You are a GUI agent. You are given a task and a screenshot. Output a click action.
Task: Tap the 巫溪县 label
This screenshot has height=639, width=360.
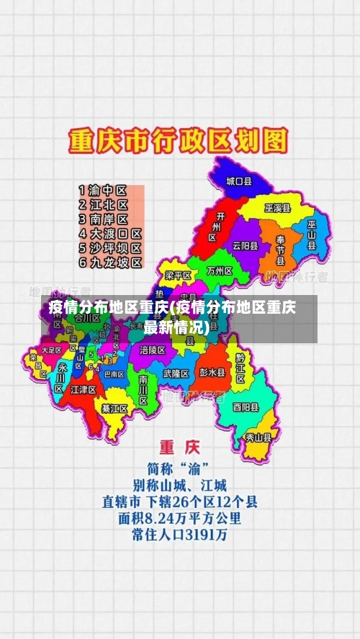click(277, 208)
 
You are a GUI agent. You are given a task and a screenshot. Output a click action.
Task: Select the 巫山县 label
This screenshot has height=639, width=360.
click(312, 235)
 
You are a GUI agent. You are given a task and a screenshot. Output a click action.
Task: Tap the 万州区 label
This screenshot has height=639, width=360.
click(220, 271)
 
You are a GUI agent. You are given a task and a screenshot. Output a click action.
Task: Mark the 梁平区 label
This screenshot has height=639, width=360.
click(178, 276)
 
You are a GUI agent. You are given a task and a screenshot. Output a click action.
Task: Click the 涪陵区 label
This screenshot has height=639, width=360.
click(153, 350)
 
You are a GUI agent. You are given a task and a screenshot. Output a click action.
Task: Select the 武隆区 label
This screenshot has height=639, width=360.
click(176, 373)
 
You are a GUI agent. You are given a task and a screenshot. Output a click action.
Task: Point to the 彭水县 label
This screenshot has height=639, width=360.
click(212, 373)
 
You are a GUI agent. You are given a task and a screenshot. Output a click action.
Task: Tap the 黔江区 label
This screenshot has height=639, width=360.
click(240, 368)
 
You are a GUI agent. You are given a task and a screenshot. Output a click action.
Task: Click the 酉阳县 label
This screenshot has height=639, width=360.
click(246, 407)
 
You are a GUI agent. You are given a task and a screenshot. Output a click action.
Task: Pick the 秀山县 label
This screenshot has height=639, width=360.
click(258, 437)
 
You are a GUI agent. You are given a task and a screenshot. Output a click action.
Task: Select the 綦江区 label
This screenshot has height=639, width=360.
click(114, 408)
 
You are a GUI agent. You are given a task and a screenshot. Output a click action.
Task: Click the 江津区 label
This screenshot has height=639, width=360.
click(84, 389)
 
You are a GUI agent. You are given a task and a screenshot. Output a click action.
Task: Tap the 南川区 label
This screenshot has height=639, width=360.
click(144, 390)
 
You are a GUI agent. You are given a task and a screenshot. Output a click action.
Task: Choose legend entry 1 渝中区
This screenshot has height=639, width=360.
click(103, 191)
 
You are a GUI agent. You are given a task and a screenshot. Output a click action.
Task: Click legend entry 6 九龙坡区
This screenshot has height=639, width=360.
click(110, 263)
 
